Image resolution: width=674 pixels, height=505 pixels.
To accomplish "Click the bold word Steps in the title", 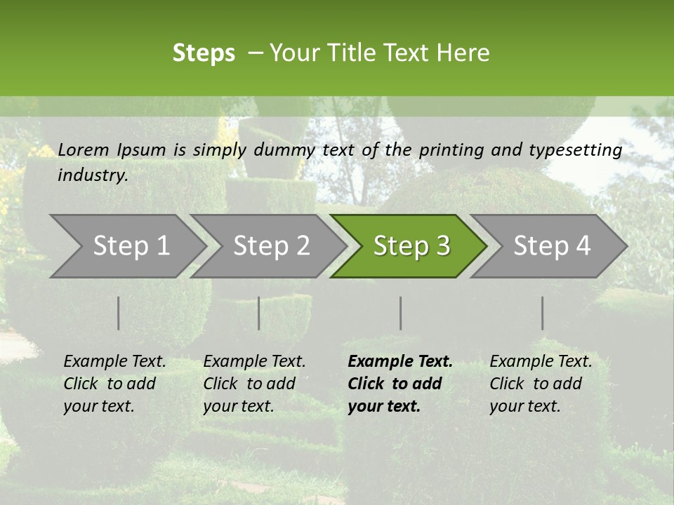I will [x=204, y=53].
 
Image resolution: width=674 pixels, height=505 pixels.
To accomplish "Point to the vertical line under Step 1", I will [x=119, y=313].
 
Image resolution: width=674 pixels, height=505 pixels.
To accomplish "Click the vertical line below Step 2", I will [x=259, y=313].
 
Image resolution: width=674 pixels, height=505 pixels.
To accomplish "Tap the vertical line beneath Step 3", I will [x=401, y=313].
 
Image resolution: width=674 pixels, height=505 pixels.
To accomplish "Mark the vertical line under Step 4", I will [x=543, y=313].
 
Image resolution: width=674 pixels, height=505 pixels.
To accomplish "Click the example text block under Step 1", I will [x=114, y=384].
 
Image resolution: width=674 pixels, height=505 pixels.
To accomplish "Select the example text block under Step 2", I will [x=254, y=384].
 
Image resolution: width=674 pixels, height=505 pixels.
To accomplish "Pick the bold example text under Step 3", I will [x=400, y=384].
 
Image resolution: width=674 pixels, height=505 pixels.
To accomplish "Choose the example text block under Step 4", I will [x=541, y=384].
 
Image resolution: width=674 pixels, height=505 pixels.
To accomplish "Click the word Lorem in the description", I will [x=84, y=149].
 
